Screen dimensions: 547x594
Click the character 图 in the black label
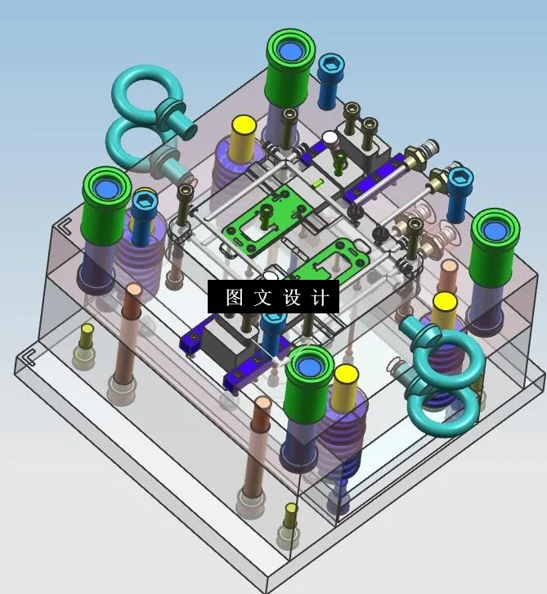(235, 297)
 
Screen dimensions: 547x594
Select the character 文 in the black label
(262, 297)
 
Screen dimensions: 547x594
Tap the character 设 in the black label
(292, 297)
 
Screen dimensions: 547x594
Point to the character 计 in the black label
(320, 297)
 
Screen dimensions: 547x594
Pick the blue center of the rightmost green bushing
(494, 231)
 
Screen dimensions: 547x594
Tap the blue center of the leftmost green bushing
(106, 188)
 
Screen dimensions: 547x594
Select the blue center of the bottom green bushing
(309, 367)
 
